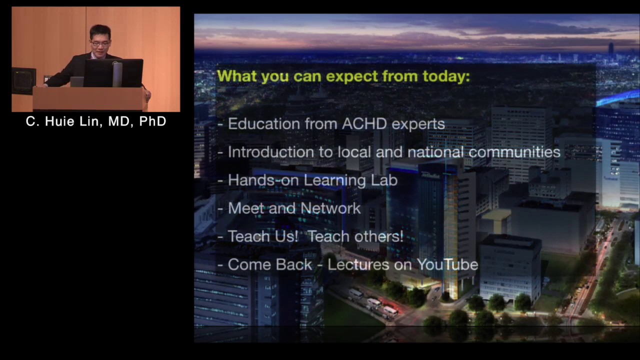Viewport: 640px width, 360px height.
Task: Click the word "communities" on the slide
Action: tap(514, 152)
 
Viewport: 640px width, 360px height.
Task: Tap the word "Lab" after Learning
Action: tap(384, 180)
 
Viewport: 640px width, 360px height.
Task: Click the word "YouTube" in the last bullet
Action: tap(447, 264)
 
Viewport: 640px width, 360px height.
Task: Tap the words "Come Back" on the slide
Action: tap(270, 264)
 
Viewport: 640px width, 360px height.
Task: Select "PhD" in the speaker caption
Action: tap(152, 121)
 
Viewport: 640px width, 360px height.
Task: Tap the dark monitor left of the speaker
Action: tap(23, 80)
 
